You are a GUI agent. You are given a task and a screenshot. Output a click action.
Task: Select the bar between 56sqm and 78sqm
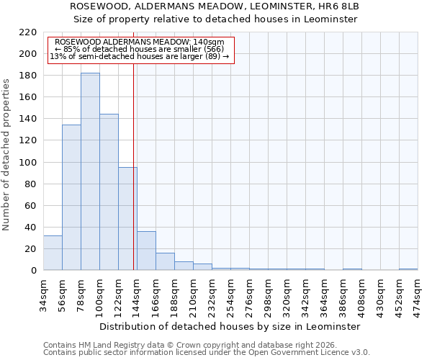click(71, 197)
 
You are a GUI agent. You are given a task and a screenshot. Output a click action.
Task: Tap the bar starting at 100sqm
click(109, 192)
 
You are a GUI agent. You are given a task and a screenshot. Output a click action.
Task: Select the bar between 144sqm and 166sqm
click(146, 251)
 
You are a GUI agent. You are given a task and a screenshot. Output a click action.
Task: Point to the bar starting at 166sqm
click(165, 261)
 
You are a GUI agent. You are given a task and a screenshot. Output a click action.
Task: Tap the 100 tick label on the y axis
click(29, 163)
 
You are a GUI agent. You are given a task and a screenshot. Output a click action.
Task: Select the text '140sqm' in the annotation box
click(210, 42)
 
